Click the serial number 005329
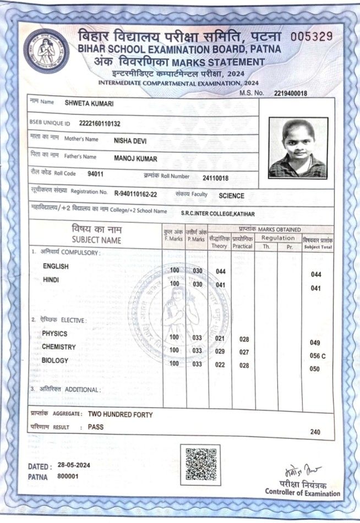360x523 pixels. click(312, 37)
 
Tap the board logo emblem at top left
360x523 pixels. click(47, 51)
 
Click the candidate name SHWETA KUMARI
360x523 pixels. click(89, 103)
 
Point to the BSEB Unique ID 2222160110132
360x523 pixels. click(100, 123)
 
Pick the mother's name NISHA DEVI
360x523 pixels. click(130, 140)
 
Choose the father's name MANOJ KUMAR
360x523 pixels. click(135, 159)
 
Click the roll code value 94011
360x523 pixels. click(95, 174)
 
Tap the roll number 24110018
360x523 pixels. click(215, 178)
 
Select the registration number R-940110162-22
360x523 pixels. click(135, 194)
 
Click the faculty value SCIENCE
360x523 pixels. click(231, 195)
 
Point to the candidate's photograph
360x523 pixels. click(298, 147)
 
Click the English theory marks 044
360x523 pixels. click(221, 272)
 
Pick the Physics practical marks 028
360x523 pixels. click(244, 339)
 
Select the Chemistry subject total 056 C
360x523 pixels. click(318, 356)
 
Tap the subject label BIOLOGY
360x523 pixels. click(55, 360)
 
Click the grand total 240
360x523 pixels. click(315, 432)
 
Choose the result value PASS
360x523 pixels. click(96, 426)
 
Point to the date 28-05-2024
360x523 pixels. click(72, 465)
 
